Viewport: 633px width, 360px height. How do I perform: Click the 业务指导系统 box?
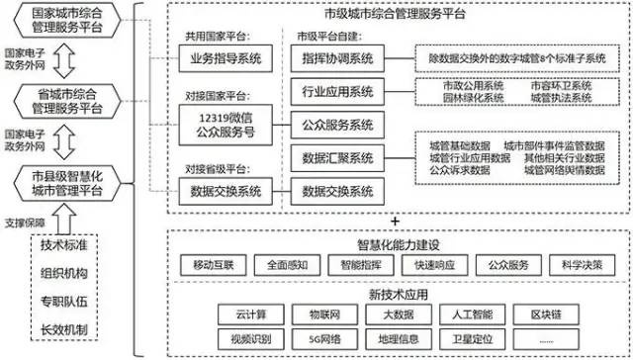226,60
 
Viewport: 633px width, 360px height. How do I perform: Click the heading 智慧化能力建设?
396,243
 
